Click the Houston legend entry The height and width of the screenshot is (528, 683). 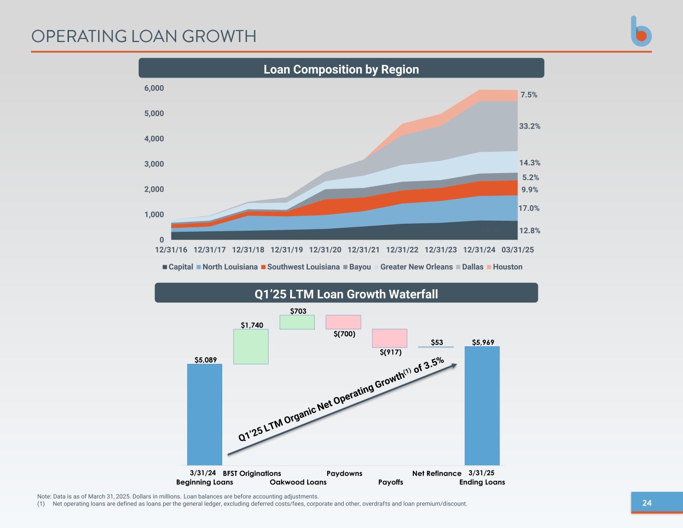[x=504, y=267]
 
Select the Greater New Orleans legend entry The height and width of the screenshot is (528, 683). [x=413, y=267]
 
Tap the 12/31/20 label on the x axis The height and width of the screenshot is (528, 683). [x=325, y=250]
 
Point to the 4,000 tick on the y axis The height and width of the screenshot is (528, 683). [x=154, y=139]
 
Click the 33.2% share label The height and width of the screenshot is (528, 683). [x=529, y=126]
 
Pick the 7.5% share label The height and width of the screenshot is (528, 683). [x=529, y=95]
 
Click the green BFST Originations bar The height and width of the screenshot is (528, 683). [x=251, y=346]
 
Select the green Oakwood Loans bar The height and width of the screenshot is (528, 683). [x=297, y=322]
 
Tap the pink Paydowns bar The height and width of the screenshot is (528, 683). [x=343, y=322]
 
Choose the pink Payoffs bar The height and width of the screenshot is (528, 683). [x=389, y=338]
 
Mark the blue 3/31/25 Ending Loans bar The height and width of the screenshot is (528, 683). [x=482, y=406]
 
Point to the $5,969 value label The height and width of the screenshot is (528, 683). [x=483, y=342]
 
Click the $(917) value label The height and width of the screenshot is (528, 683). [x=390, y=352]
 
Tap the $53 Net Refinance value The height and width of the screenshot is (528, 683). [x=437, y=342]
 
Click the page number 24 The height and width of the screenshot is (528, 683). [x=647, y=503]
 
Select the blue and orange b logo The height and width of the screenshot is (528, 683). [x=641, y=32]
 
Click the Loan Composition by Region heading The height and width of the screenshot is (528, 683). [x=341, y=69]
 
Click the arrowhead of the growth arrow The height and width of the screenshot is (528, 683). [x=454, y=365]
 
